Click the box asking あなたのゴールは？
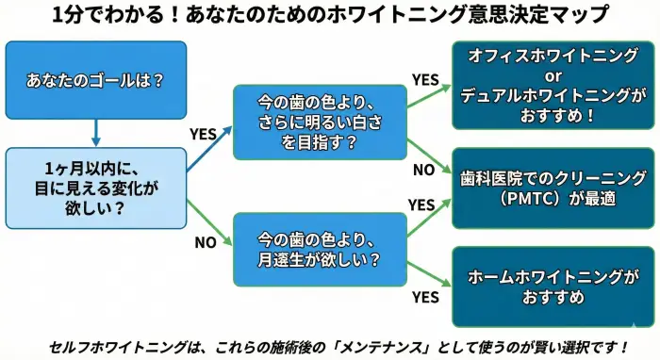(x=95, y=79)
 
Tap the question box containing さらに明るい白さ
(x=321, y=123)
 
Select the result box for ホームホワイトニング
(x=554, y=286)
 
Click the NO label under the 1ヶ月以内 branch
(x=206, y=242)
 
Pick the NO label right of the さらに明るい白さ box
(x=424, y=171)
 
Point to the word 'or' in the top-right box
(x=554, y=77)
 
